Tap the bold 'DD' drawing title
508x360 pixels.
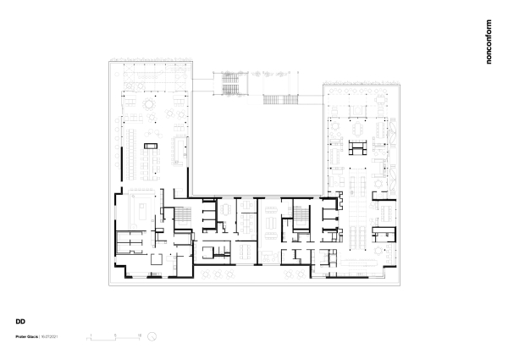[19, 322]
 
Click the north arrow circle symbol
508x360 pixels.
[151, 336]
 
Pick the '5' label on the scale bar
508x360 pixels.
[114, 335]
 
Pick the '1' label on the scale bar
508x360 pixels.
[91, 335]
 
